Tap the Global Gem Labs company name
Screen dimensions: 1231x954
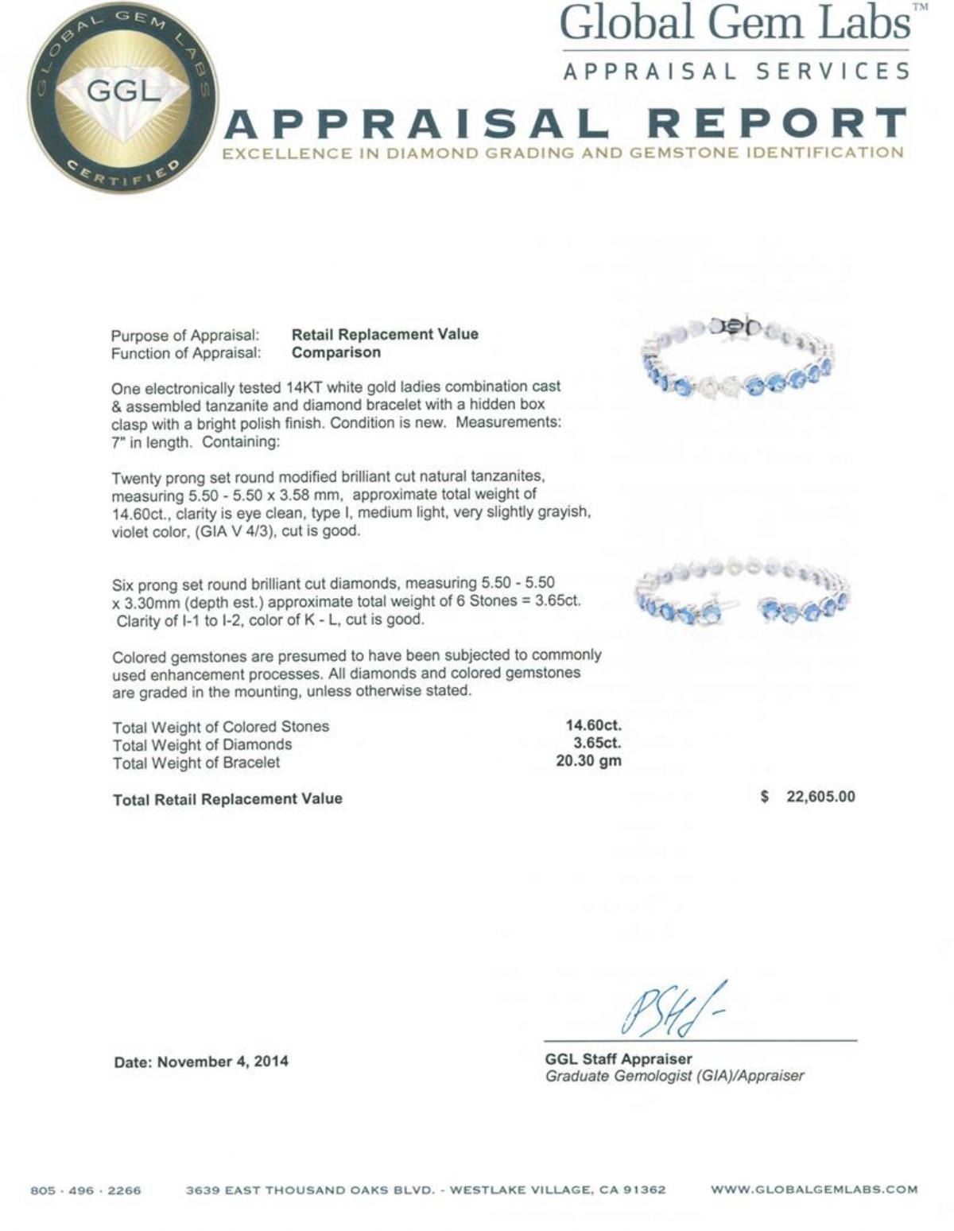point(735,24)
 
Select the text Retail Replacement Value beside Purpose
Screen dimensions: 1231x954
point(385,335)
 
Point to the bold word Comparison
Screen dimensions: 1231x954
point(335,352)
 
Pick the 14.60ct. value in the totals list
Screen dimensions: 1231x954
point(593,725)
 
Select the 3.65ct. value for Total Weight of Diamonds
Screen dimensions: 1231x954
point(597,744)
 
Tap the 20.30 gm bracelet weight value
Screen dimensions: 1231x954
point(588,761)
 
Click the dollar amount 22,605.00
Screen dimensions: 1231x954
point(820,797)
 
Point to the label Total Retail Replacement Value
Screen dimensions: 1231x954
point(227,799)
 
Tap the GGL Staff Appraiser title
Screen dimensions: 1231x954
point(619,1059)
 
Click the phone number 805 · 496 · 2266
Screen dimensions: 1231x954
point(86,1190)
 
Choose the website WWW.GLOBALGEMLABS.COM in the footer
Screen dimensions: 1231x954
point(814,1190)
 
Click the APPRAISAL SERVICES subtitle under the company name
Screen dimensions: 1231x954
point(736,72)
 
